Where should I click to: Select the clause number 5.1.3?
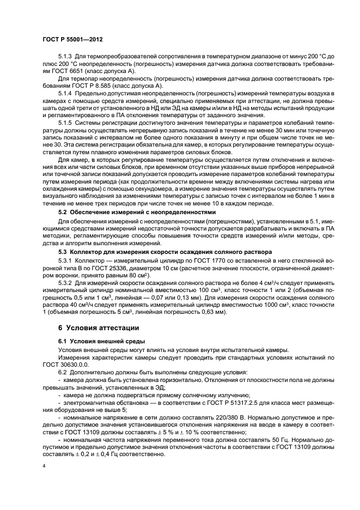65,57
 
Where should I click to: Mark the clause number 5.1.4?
65,94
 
